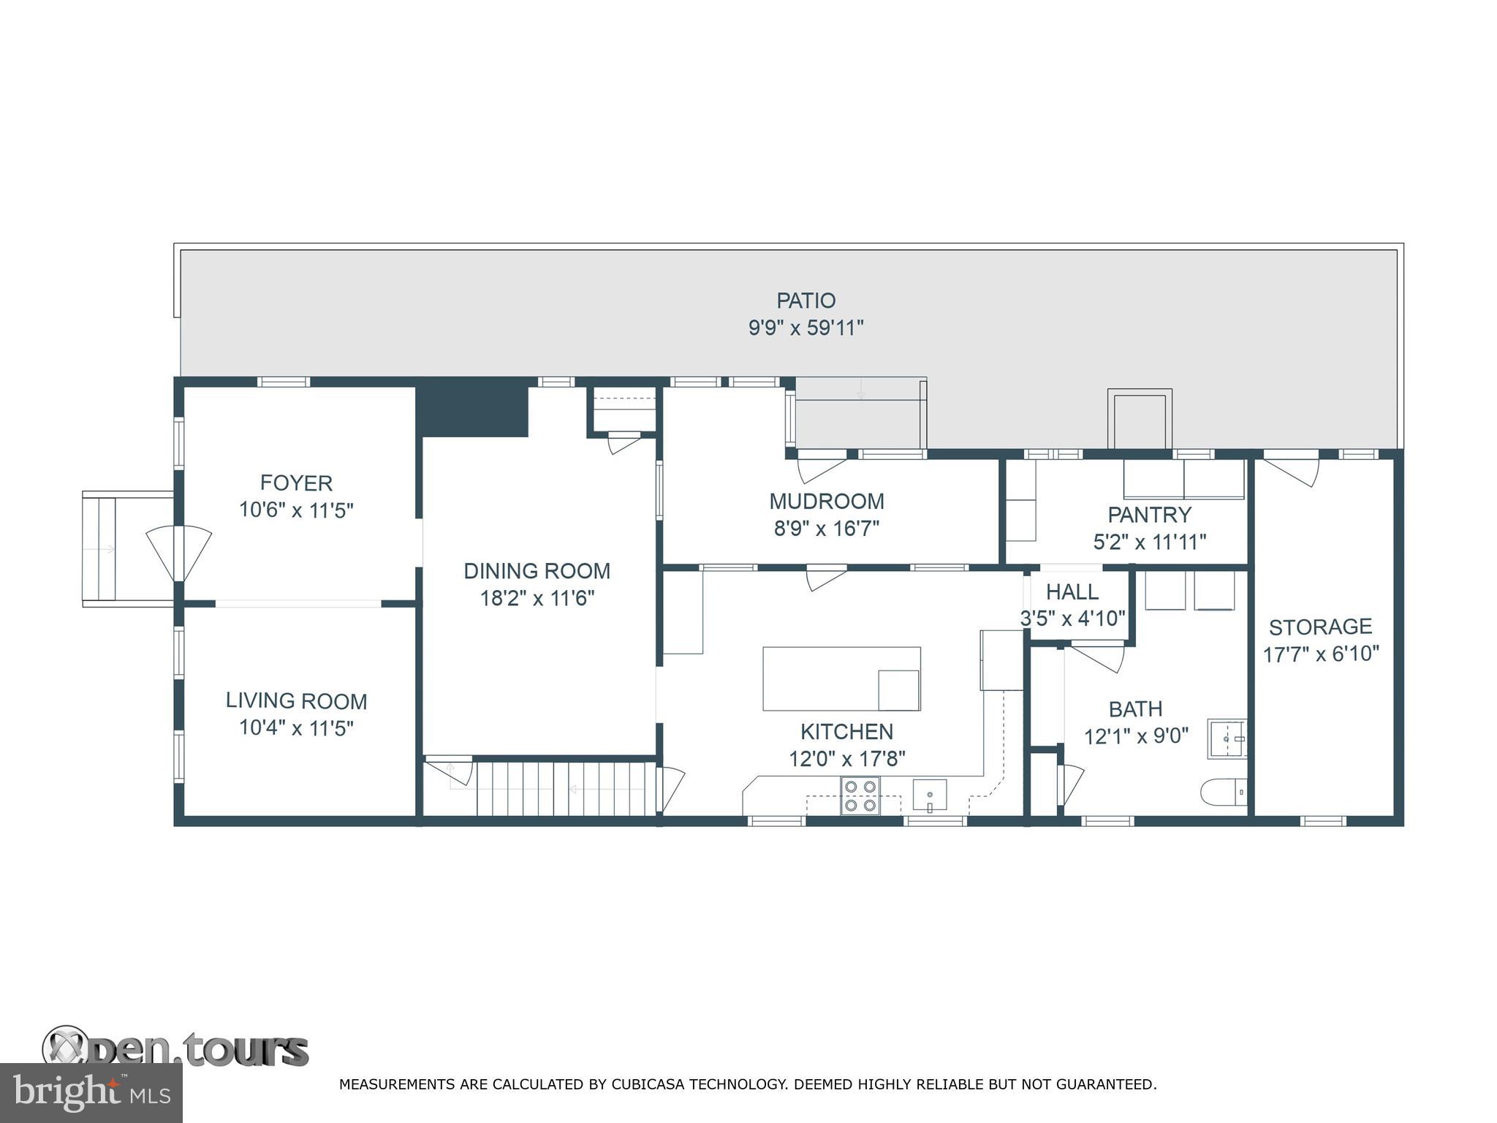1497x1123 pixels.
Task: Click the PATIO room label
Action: [806, 300]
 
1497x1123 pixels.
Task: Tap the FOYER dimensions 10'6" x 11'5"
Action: [296, 510]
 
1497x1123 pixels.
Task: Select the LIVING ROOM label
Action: [296, 700]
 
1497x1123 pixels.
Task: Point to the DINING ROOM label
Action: [537, 571]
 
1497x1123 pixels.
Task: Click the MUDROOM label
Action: [826, 502]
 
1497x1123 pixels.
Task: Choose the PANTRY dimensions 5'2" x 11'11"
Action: [1149, 542]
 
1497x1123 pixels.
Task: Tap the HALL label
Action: [1072, 591]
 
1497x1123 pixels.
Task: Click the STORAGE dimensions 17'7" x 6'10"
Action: [1320, 654]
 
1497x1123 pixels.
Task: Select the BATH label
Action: [1135, 708]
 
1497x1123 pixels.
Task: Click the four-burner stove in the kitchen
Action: [860, 795]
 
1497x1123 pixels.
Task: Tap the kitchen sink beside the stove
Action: [929, 795]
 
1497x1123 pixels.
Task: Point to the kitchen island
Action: [841, 678]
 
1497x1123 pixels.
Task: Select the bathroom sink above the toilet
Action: [1226, 739]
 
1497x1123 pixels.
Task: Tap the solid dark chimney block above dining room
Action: [471, 412]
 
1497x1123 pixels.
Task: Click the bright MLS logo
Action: [91, 1093]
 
